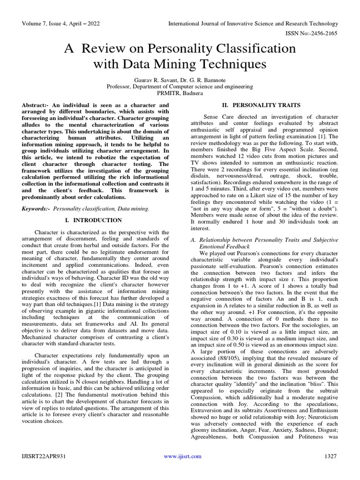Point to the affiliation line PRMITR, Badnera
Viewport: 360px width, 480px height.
[180, 93]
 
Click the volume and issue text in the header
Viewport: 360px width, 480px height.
[60, 23]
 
